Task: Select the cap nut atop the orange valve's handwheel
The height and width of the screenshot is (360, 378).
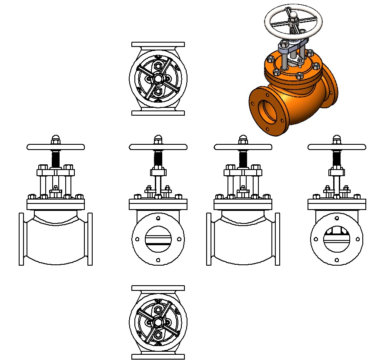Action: tap(294, 16)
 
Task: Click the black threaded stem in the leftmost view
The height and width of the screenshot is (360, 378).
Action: tap(55, 159)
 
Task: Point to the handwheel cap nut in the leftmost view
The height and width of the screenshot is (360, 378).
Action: tap(55, 139)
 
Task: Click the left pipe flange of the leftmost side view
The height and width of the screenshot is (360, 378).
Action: tap(21, 239)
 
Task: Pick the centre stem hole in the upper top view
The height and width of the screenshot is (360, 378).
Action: tap(158, 79)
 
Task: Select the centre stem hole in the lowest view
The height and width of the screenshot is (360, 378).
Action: tap(158, 323)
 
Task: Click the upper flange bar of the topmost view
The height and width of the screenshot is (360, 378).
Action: tap(158, 44)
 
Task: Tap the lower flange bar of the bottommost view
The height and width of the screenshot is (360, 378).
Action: tap(158, 357)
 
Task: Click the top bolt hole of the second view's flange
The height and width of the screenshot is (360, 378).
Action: tap(158, 217)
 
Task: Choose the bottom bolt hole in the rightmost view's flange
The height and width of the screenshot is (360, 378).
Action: tap(336, 260)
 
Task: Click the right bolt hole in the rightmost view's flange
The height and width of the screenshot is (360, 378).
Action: tap(358, 239)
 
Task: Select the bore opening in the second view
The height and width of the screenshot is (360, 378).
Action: tap(158, 239)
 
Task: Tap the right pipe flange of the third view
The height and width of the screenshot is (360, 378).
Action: tap(278, 239)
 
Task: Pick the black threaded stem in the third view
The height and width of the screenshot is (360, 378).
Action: tap(243, 159)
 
